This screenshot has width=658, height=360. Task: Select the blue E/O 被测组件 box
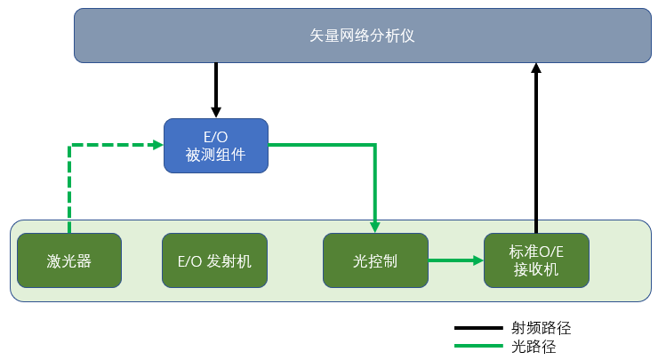215,145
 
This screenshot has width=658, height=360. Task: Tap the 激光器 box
69,260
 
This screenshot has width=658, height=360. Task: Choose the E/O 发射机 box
214,260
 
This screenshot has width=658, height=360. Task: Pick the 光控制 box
375,260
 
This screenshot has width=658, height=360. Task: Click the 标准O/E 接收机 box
536,260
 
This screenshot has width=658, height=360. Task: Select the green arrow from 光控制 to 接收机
455,260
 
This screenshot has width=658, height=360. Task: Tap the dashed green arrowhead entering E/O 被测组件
156,145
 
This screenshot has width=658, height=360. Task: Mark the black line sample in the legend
477,329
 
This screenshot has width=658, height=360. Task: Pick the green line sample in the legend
477,346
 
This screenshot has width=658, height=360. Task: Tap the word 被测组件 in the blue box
215,154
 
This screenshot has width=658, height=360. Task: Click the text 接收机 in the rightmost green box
536,269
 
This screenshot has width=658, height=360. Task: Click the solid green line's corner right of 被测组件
375,145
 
